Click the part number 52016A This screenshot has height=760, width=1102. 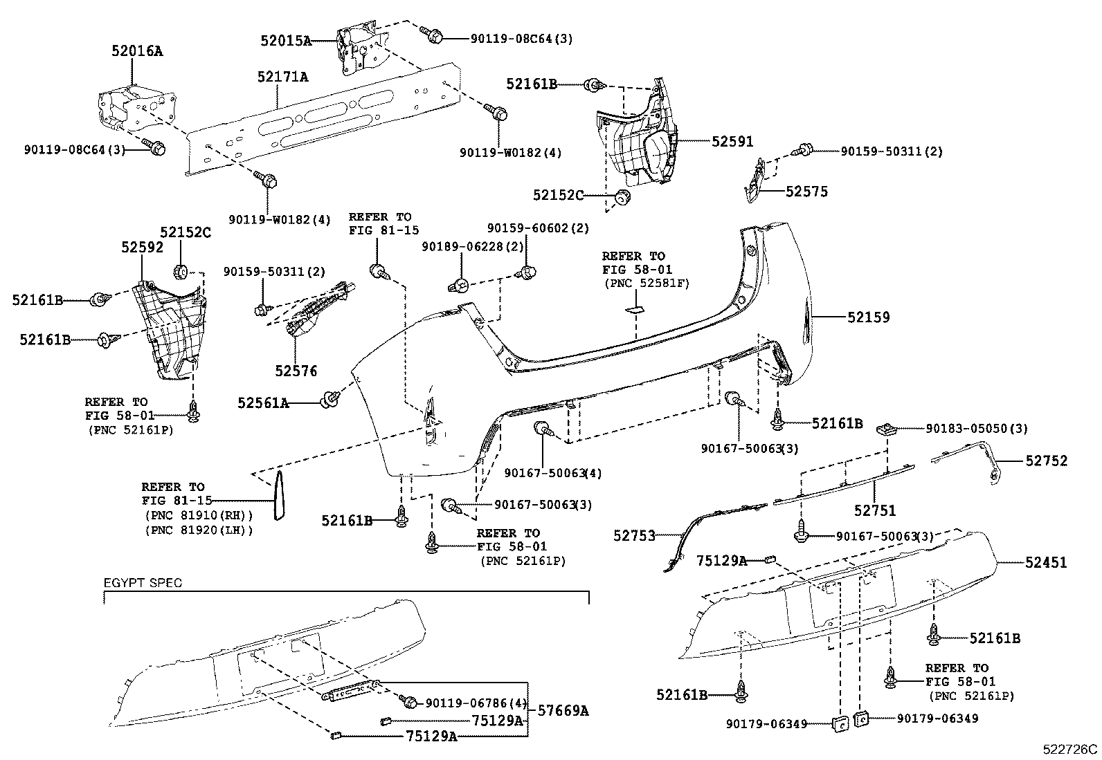tap(137, 50)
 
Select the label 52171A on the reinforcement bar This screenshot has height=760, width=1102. tap(282, 77)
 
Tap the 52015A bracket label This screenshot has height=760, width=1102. tap(286, 41)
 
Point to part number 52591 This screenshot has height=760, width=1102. tap(732, 141)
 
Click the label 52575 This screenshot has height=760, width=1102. tap(806, 192)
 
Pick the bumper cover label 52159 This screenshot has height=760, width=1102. tap(869, 317)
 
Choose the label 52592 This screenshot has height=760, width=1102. tap(141, 248)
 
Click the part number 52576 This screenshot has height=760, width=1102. tap(296, 371)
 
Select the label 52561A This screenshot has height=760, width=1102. tap(263, 402)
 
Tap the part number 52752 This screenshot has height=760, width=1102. tap(1046, 461)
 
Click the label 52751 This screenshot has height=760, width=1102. tap(874, 510)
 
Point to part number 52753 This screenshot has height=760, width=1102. tap(634, 535)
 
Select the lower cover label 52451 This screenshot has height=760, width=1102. tap(1046, 563)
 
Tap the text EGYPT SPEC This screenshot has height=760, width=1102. tap(143, 582)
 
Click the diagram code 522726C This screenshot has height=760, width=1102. tap(1071, 749)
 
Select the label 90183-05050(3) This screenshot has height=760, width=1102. tap(977, 429)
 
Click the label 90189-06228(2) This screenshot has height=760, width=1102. tap(473, 247)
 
